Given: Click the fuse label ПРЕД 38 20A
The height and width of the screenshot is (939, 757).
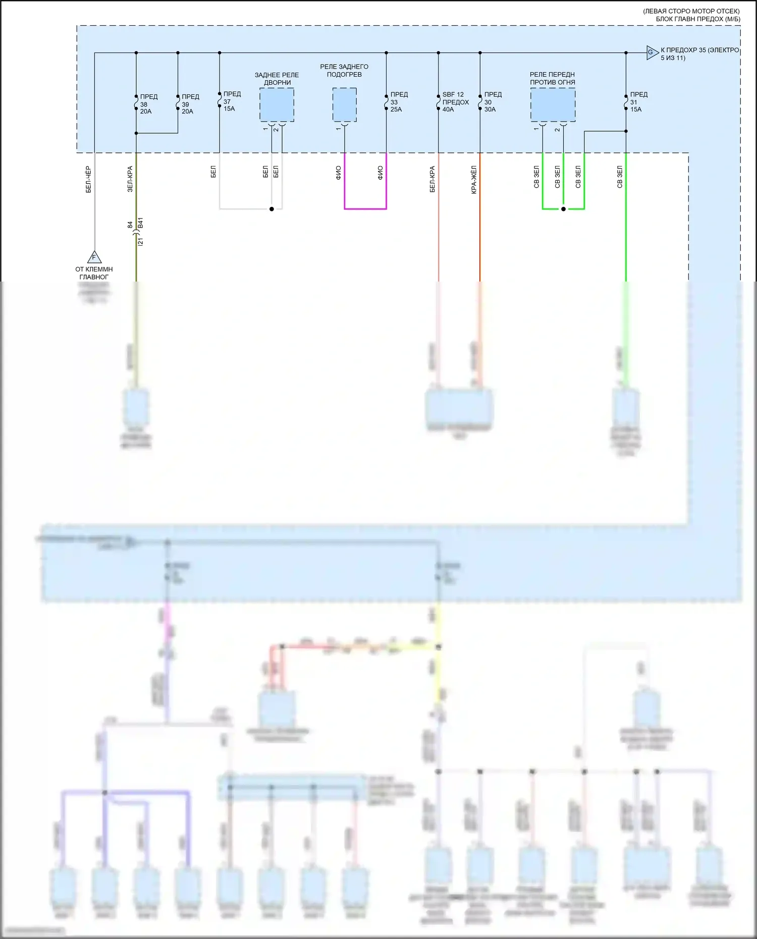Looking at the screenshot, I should pos(148,104).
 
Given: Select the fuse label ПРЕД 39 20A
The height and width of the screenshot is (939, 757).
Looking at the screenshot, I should pos(190,104).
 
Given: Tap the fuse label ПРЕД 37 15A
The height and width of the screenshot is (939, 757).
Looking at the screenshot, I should pos(232,101).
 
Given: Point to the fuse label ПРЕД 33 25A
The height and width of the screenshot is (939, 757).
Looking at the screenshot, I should pos(399,102).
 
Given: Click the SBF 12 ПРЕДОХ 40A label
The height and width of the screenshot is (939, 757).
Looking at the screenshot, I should pos(455,102).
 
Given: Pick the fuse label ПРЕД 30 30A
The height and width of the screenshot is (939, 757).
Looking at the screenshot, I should pos(493,102).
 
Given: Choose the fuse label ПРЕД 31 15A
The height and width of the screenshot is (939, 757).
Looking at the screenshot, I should pos(638,102).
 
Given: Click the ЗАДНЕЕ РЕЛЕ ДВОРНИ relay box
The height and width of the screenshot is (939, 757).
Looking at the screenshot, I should pos(277,105).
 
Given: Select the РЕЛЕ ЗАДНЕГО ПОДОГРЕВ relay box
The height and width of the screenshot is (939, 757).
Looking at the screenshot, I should pos(344,105).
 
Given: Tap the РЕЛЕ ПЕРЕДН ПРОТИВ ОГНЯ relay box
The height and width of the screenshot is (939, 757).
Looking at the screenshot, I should pos(553,105).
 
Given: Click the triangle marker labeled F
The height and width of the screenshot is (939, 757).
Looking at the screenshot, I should pos(94,257).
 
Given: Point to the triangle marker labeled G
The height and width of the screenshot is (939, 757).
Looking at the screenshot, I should pos(652,52).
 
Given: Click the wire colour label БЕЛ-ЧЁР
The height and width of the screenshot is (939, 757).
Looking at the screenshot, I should pos(88,180).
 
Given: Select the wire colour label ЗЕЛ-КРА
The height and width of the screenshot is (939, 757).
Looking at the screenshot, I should pos(130,179).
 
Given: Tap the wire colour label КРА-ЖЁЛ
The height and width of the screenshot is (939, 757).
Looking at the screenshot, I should pos(474,180).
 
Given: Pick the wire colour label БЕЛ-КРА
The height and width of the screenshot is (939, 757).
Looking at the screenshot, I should pos(432,180).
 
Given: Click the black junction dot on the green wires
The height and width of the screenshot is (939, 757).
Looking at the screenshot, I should pos(563,209).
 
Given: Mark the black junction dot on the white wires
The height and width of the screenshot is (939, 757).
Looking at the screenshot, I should pos(272,209).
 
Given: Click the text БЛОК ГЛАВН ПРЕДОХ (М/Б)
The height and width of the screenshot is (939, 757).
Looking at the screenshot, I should pos(698,19).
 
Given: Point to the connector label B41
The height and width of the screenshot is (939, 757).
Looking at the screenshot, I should pos(141,223).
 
